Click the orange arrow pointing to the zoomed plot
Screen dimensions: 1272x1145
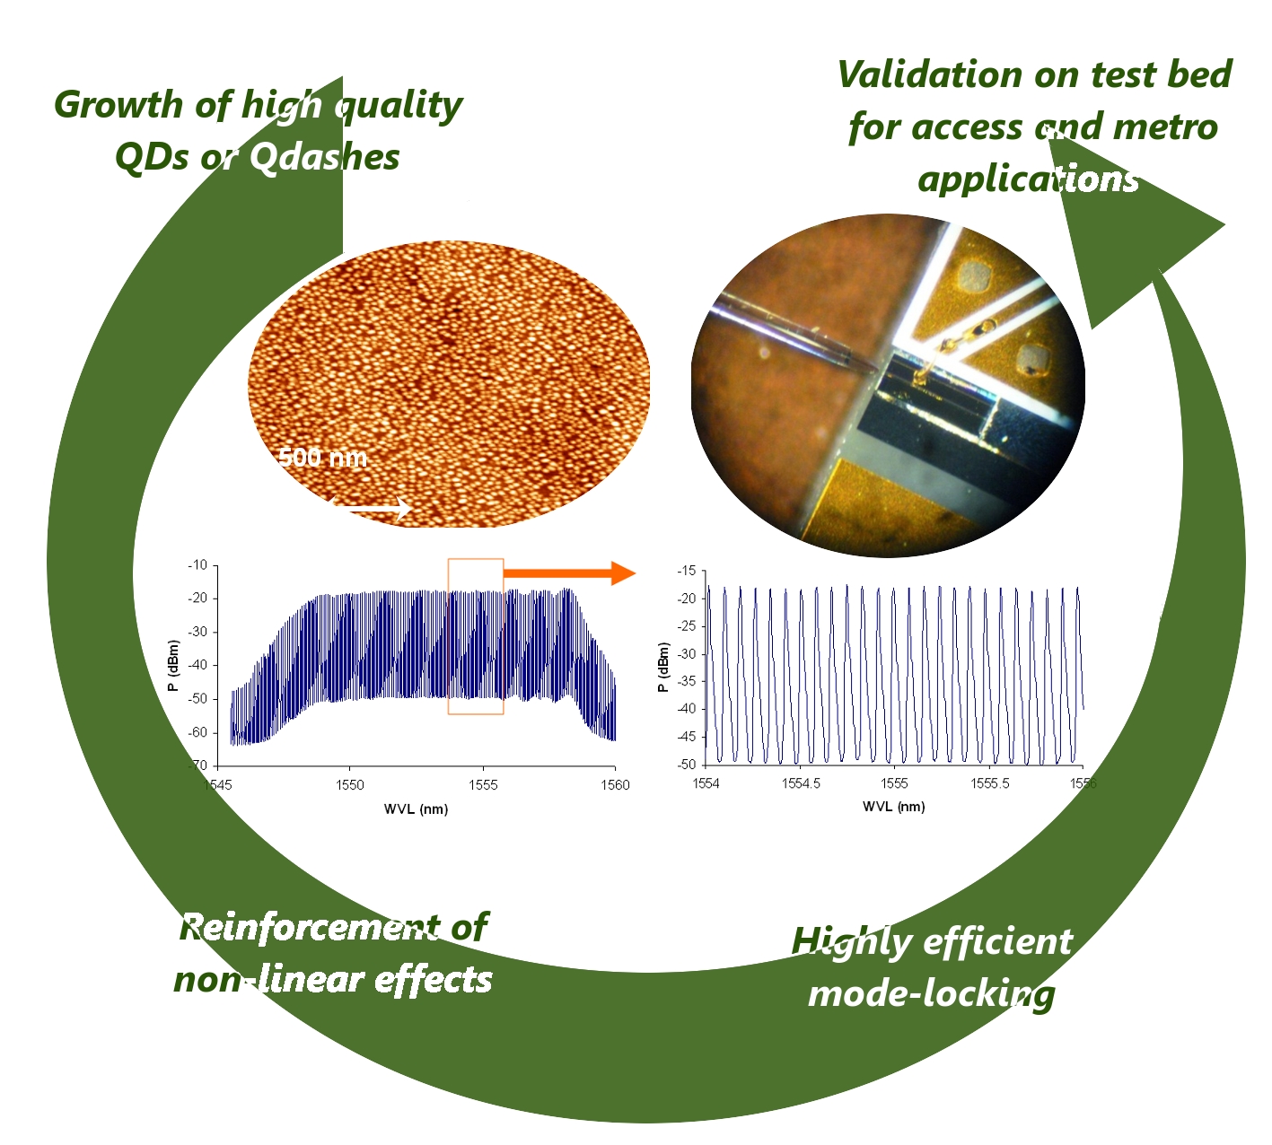pos(569,573)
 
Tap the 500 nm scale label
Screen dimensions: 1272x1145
pos(323,457)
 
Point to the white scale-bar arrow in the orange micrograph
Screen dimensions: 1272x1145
pos(371,507)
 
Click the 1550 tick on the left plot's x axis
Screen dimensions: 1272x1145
pos(350,785)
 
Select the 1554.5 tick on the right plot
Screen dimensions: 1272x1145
pos(800,783)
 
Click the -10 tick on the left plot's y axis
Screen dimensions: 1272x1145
pos(197,565)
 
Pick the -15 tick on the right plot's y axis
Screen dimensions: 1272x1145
pos(686,571)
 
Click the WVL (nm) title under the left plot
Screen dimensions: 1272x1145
pos(416,809)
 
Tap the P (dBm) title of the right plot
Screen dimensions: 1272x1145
pos(663,668)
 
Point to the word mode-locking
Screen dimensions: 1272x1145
pos(932,994)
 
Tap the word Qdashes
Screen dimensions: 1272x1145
pos(324,157)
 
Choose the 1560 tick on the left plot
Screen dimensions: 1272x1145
pos(615,785)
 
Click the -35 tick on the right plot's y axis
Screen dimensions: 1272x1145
pos(686,682)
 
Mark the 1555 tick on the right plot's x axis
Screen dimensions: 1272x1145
pos(894,783)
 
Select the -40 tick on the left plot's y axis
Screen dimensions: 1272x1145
pos(197,665)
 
